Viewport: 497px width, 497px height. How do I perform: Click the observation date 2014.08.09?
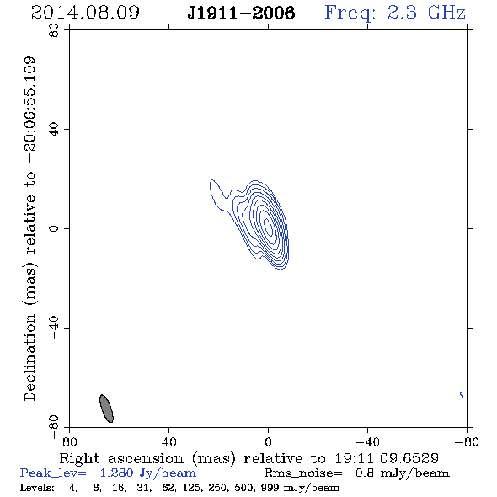point(85,13)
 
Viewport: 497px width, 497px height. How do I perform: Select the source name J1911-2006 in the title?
point(241,13)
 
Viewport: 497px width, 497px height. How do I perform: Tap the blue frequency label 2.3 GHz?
point(426,13)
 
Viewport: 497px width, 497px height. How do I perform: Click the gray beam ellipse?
point(106,409)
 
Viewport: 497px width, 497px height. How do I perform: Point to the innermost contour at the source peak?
point(269,227)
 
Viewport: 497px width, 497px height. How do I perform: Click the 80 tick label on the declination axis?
point(54,30)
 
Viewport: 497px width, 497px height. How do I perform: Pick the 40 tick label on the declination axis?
point(54,130)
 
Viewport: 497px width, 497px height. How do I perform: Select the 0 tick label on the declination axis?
point(54,228)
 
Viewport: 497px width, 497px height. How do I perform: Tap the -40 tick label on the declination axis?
point(54,328)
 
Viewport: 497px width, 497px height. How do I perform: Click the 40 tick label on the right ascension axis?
point(168,441)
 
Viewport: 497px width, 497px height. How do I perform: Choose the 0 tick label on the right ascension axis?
point(268,441)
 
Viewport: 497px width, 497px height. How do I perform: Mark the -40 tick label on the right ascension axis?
point(367,441)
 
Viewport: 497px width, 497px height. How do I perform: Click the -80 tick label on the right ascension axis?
point(467,441)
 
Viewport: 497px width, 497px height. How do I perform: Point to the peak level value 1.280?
point(116,473)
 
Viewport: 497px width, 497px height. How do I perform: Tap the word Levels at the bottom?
point(37,487)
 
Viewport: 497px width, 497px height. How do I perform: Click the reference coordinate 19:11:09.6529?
point(387,458)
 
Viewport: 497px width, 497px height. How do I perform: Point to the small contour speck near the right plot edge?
point(462,394)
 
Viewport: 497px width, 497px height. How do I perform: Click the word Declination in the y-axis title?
point(29,357)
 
